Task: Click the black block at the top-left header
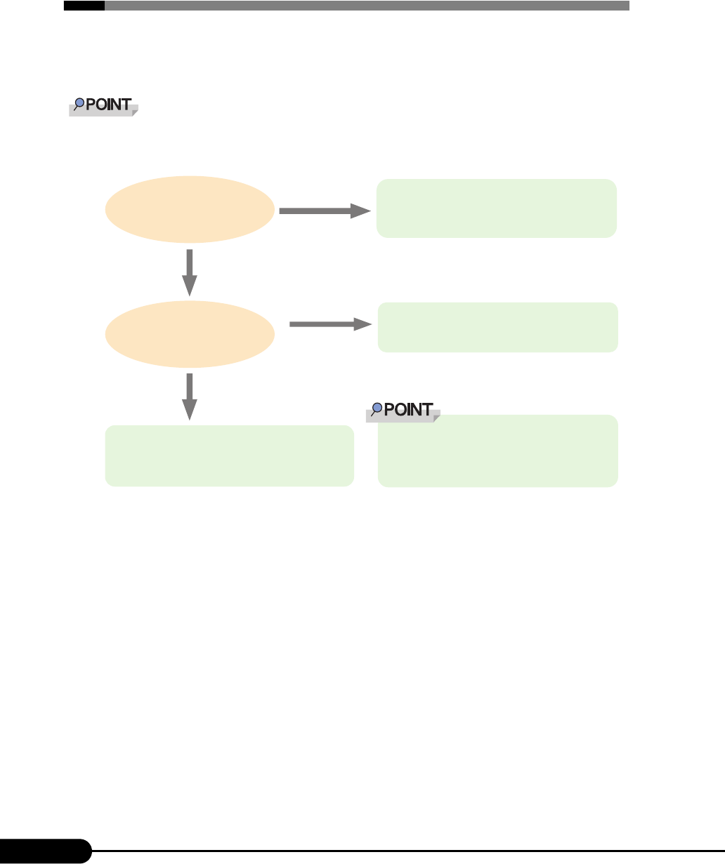pyautogui.click(x=84, y=6)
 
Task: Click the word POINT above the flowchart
pyautogui.click(x=109, y=105)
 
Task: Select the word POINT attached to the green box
pyautogui.click(x=407, y=410)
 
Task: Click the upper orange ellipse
pyautogui.click(x=190, y=209)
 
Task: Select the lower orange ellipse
pyautogui.click(x=190, y=333)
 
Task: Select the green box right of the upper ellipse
pyautogui.click(x=496, y=208)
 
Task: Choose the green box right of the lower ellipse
pyautogui.click(x=497, y=327)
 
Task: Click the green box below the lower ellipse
pyautogui.click(x=229, y=456)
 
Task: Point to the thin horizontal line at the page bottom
pyautogui.click(x=407, y=851)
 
